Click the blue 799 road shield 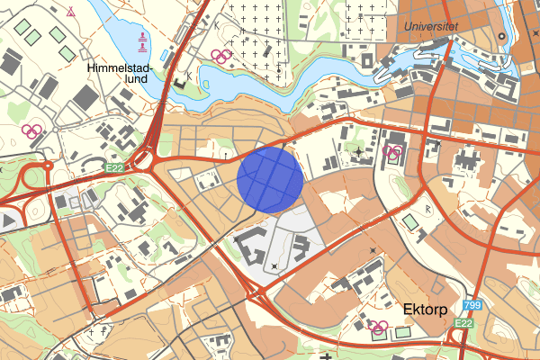point(473,308)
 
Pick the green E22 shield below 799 point(463,323)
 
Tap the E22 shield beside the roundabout point(112,167)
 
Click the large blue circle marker point(270,180)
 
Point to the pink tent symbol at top point(71,12)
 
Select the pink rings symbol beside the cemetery point(220,56)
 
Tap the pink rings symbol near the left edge point(32,131)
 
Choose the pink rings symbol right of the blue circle point(392,150)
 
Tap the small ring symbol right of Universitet point(501,37)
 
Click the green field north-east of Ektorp point(410,221)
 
